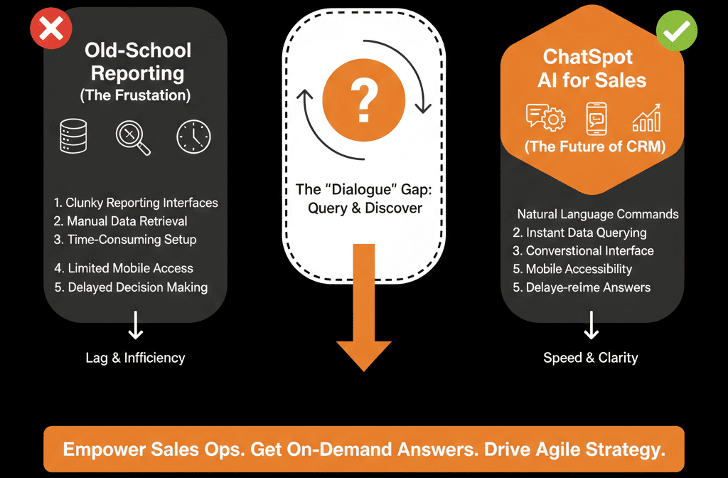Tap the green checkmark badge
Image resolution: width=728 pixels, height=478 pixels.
point(675,30)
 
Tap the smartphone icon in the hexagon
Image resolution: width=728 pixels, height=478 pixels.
point(596,119)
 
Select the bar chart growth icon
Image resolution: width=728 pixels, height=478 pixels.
point(646,119)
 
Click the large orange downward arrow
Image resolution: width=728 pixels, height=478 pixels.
point(364,313)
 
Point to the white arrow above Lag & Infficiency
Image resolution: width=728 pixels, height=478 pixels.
point(135,328)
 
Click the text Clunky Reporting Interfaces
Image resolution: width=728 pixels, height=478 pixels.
point(136,203)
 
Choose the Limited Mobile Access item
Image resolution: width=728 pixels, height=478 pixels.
point(123,268)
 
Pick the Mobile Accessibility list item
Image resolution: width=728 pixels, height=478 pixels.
point(572,269)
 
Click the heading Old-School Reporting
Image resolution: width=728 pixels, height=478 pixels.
point(137,61)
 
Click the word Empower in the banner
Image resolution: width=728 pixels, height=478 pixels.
point(99,450)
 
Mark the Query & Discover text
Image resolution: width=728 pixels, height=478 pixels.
point(365,208)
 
